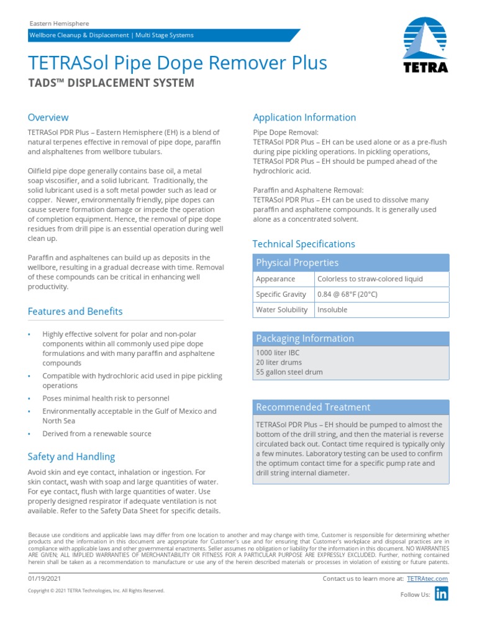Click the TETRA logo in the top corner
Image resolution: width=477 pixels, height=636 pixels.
pos(425,47)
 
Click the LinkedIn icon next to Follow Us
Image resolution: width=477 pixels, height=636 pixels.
pos(441,594)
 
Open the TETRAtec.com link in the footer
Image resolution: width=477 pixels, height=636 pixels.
pos(427,579)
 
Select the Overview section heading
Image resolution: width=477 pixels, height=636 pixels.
pos(48,117)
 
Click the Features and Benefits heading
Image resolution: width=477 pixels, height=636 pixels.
pos(75,311)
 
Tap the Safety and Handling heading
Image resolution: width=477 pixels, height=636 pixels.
pos(71,457)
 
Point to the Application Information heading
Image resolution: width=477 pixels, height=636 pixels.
pos(304,117)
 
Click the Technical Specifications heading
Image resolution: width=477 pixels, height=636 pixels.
pos(304,244)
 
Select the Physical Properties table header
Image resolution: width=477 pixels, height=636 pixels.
pos(298,263)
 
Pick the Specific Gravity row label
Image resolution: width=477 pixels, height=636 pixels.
pos(281,294)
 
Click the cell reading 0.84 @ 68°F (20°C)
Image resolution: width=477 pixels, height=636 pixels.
pos(347,294)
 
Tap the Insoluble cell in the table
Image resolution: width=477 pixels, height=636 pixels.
pos(332,310)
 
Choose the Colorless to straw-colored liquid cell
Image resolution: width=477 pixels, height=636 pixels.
pos(370,279)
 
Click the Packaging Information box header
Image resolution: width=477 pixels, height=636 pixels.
pos(305,338)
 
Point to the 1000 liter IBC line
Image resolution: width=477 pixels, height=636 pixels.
pos(278,352)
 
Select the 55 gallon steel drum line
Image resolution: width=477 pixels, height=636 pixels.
pos(289,372)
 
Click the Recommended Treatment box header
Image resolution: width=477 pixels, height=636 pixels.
pos(313,407)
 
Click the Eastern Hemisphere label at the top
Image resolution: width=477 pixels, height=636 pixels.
pos(59,23)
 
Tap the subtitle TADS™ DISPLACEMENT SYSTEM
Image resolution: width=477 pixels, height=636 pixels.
pos(111,83)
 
